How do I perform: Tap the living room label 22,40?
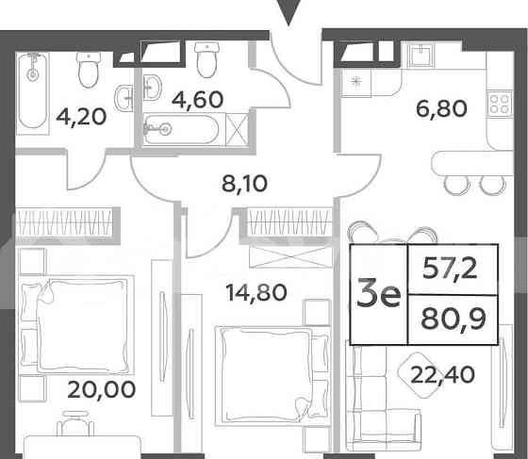(x=441, y=377)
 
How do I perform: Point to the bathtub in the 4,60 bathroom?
(x=186, y=127)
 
